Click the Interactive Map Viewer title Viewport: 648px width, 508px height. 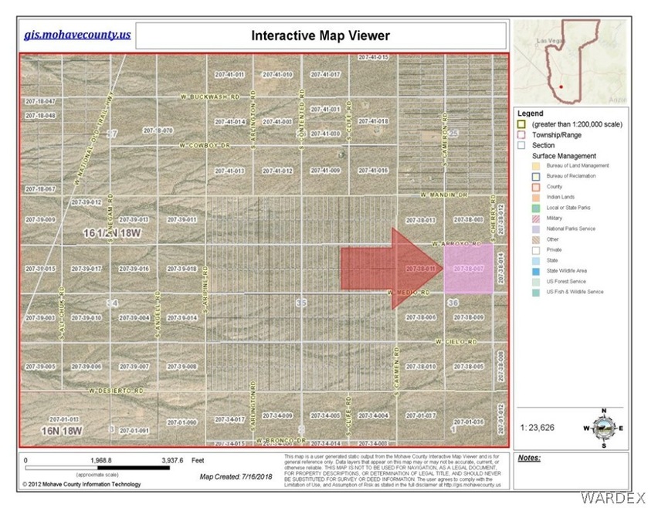click(x=321, y=36)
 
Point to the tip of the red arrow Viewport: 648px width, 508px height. click(x=443, y=268)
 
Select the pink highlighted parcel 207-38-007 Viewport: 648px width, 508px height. click(x=469, y=269)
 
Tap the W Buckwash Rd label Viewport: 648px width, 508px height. click(x=209, y=97)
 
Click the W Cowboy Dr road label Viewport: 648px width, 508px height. click(x=205, y=144)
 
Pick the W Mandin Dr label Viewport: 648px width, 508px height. click(x=445, y=196)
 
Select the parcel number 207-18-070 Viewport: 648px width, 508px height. click(x=158, y=131)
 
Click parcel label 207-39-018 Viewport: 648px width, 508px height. click(x=182, y=269)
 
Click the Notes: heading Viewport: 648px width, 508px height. click(x=529, y=458)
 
